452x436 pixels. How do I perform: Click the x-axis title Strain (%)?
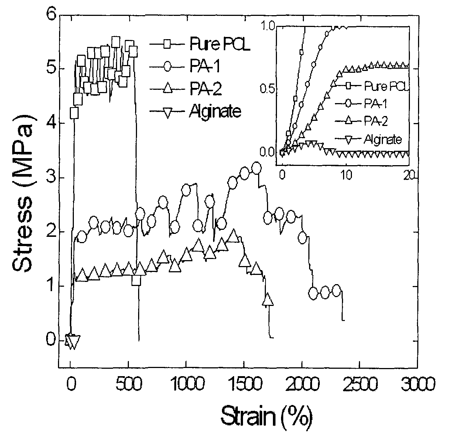point(267,417)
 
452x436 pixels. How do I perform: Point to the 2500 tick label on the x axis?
point(360,384)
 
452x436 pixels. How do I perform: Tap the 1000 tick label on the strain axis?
point(188,384)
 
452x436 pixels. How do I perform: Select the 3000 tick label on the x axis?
point(418,384)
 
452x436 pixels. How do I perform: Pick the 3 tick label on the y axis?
point(51,178)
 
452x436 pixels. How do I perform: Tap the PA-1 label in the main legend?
point(205,66)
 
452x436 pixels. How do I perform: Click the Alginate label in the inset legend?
point(383,139)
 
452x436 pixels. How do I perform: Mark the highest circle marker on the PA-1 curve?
point(256,168)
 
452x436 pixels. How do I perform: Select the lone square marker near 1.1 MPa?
point(136,280)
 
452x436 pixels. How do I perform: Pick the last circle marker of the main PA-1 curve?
point(336,291)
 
